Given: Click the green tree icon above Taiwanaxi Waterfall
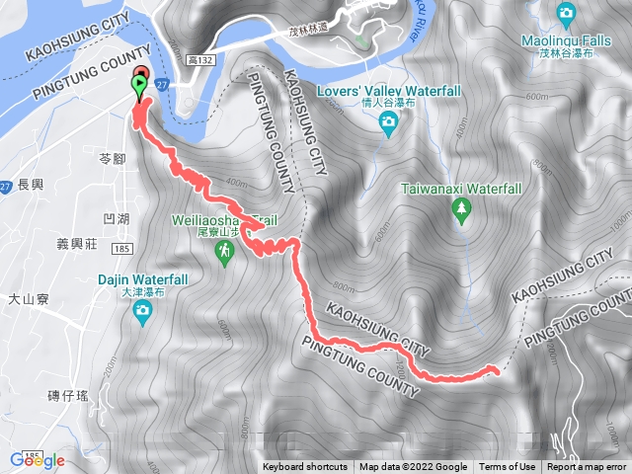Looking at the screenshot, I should click(x=461, y=208).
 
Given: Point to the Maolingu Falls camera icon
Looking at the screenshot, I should click(x=566, y=13).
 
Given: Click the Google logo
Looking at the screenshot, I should click(x=38, y=460).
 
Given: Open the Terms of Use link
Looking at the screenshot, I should click(x=508, y=467).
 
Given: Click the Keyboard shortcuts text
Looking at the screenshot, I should click(x=305, y=467).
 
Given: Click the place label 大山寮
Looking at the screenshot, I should click(x=29, y=297).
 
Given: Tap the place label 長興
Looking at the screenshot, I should click(x=30, y=185).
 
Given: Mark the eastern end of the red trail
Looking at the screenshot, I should click(x=494, y=370).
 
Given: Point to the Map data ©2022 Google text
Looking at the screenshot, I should click(x=413, y=467).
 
